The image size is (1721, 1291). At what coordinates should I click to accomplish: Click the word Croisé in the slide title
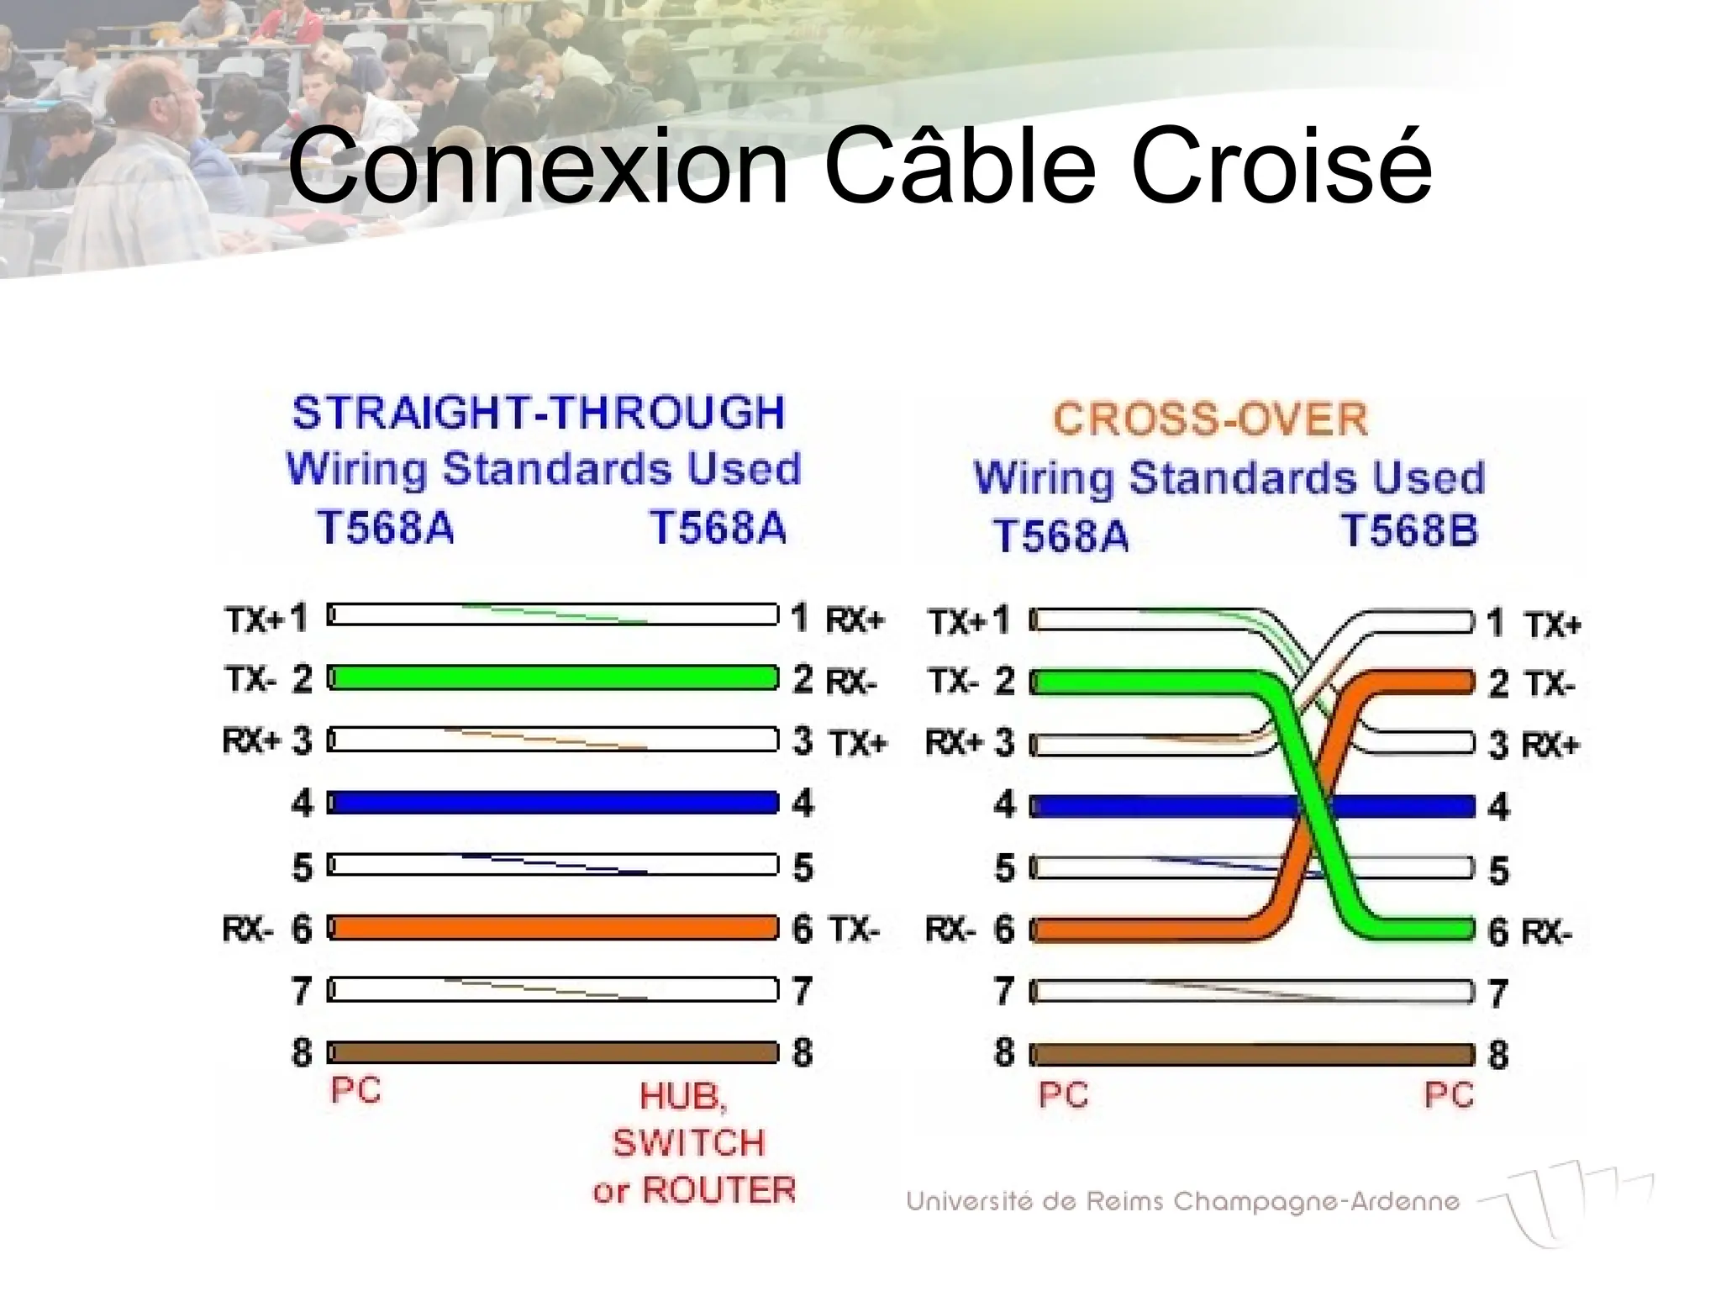tap(1281, 166)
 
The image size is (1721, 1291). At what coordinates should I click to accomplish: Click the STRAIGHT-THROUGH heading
tap(539, 413)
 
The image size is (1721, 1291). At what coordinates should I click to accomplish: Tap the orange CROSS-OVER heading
tap(1210, 419)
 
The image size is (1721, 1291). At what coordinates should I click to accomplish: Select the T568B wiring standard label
tap(1408, 531)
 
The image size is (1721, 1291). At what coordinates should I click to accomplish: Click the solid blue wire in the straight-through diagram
tap(553, 803)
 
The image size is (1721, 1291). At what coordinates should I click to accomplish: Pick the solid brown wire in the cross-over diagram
tap(1252, 1055)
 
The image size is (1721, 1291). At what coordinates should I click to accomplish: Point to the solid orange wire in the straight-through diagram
tap(553, 928)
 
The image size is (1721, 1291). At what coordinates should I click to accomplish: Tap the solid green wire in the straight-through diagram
tap(553, 677)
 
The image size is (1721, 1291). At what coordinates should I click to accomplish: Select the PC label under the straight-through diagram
tap(355, 1091)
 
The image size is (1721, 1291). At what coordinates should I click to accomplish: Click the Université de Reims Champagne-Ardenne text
tap(1182, 1202)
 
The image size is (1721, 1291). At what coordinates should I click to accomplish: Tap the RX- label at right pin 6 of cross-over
tap(1546, 933)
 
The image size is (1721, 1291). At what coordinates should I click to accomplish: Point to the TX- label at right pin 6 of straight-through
tap(855, 930)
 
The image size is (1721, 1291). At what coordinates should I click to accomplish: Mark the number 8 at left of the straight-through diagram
tap(302, 1052)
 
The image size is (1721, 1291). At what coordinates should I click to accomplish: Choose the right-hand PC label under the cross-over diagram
tap(1449, 1095)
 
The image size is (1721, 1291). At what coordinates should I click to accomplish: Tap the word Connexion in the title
tap(539, 166)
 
